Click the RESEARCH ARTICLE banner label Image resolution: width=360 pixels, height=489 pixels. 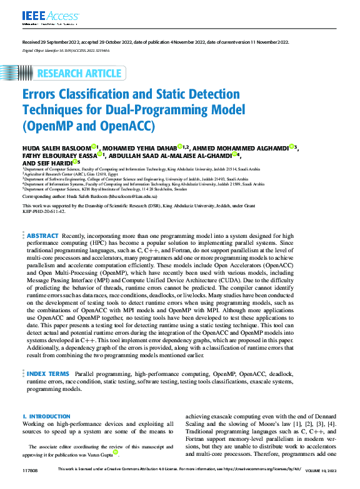[x=79, y=74]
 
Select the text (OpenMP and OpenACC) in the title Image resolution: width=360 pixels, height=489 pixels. [x=88, y=126]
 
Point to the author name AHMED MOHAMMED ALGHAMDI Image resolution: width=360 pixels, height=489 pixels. [x=242, y=147]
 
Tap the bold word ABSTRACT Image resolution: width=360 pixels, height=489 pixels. [x=42, y=218]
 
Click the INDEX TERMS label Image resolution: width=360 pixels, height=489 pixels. [x=48, y=373]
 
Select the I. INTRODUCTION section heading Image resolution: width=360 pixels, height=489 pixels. [x=46, y=416]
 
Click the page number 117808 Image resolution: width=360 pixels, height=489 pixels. [x=31, y=470]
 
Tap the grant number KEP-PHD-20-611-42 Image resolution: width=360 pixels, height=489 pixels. [x=43, y=211]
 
